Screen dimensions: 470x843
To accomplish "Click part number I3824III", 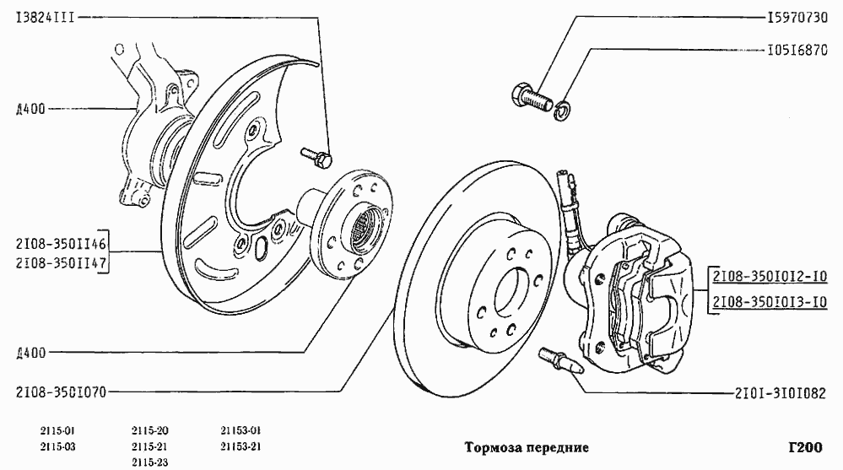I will pos(43,17).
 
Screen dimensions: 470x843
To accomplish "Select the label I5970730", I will pos(796,17).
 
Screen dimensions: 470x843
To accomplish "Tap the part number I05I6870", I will pos(796,50).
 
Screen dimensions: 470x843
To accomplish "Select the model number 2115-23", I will pos(150,462).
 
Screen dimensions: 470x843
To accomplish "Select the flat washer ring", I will pos(560,110).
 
